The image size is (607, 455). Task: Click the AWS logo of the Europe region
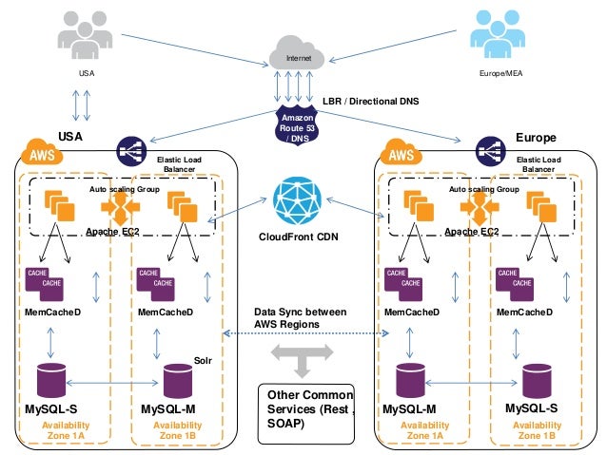[399, 153]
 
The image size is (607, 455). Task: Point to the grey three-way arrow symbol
[302, 358]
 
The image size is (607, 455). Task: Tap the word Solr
[203, 360]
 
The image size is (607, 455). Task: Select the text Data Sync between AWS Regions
[300, 318]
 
